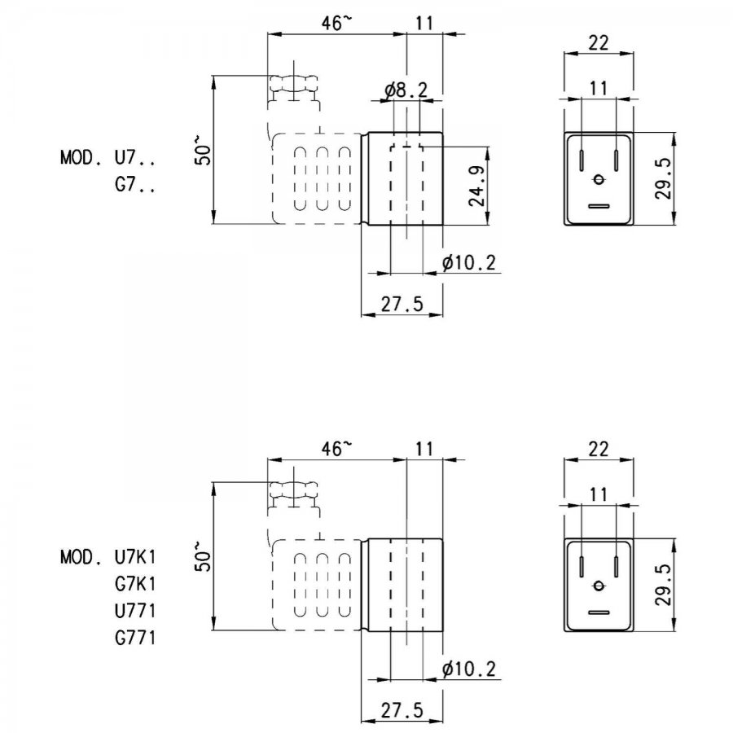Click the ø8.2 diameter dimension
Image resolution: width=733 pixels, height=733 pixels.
tap(406, 90)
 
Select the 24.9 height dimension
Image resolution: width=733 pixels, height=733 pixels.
tap(477, 186)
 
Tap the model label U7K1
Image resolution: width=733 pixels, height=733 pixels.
tap(134, 557)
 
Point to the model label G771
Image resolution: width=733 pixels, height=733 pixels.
tap(134, 638)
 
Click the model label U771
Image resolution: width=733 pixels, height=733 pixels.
tap(134, 611)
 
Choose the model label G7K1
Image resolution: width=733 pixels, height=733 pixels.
tap(134, 584)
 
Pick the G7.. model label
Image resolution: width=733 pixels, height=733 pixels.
tap(134, 185)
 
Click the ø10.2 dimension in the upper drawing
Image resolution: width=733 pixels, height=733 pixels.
tap(469, 263)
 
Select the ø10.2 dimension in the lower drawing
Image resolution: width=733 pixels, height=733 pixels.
tap(469, 669)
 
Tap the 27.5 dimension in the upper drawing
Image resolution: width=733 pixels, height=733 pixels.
tap(402, 305)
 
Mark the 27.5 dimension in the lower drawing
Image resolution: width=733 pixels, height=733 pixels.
tap(402, 710)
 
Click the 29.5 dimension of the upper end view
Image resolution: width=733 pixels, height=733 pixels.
tap(663, 178)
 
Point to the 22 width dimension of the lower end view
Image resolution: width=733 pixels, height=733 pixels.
tap(599, 450)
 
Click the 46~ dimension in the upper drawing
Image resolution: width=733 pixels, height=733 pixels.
tap(336, 23)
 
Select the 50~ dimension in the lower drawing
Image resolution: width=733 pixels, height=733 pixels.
tap(203, 556)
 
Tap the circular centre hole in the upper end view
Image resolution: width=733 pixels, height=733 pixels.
tap(599, 179)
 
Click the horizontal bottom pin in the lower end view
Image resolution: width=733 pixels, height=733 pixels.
tap(599, 612)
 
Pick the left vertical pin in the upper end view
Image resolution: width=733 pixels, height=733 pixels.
tap(581, 160)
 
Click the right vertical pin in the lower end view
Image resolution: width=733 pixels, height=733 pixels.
tap(617, 567)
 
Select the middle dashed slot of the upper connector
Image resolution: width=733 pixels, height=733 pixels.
tap(322, 179)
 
